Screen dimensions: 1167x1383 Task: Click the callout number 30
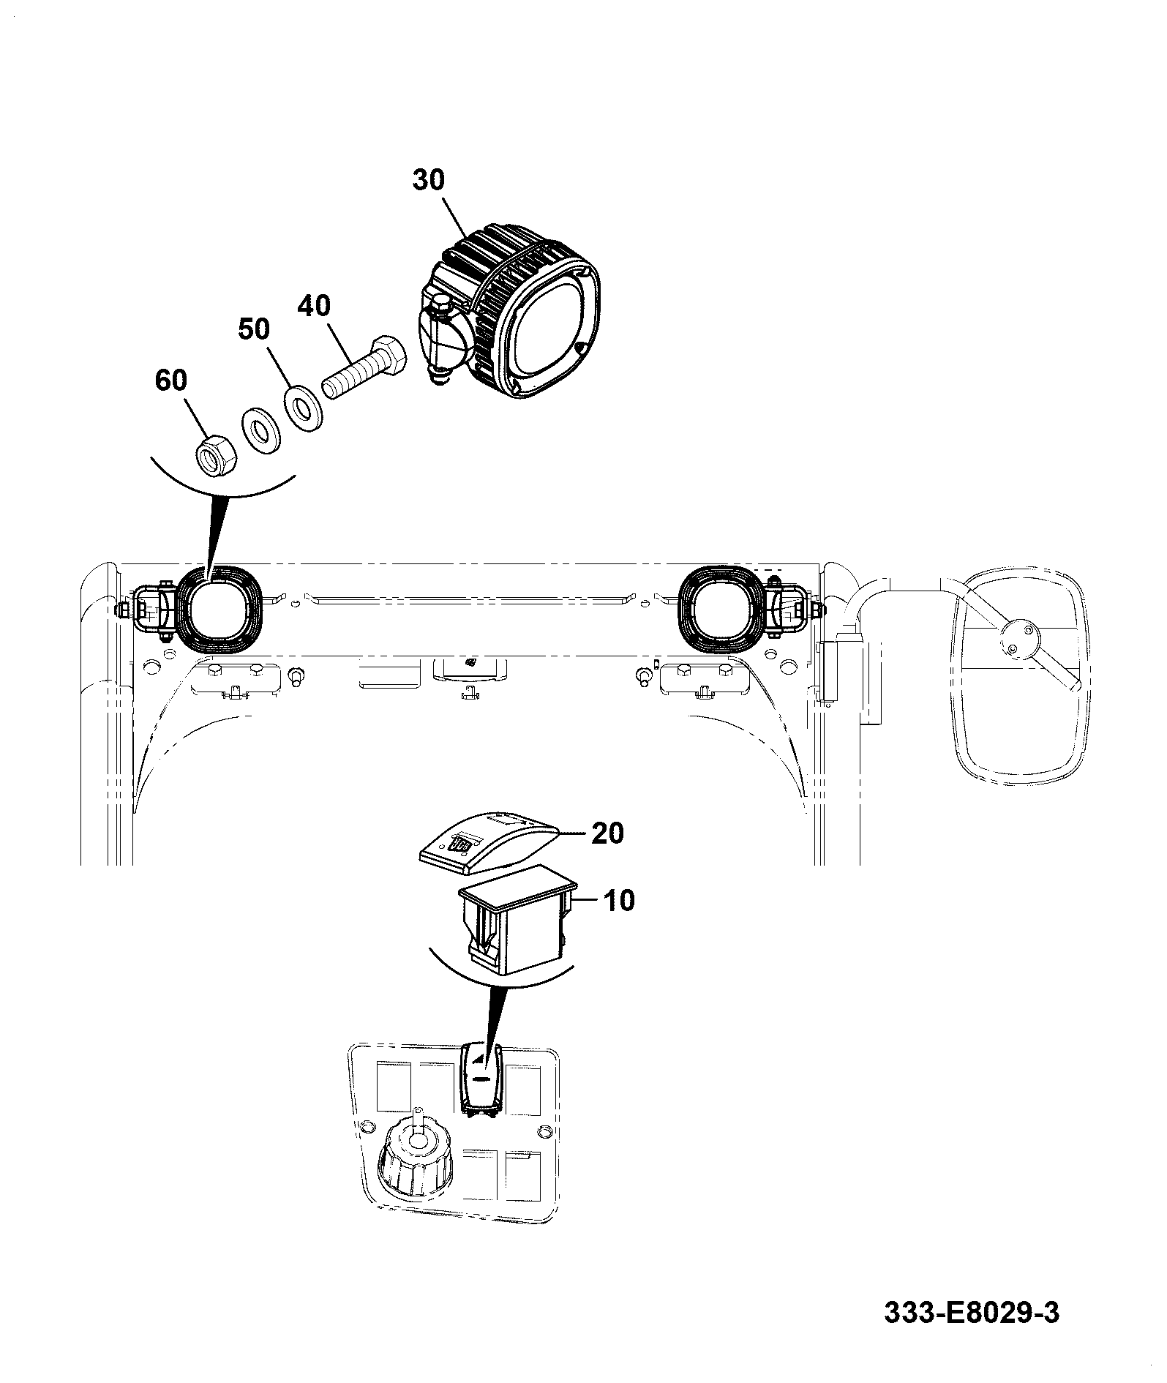429,179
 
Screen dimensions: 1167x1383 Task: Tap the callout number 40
314,305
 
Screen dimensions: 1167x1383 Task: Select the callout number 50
255,329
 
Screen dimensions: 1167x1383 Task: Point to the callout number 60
171,381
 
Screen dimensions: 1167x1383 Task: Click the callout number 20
607,833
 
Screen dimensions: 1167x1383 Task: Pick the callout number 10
619,900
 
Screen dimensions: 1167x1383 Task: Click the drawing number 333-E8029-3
972,1312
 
